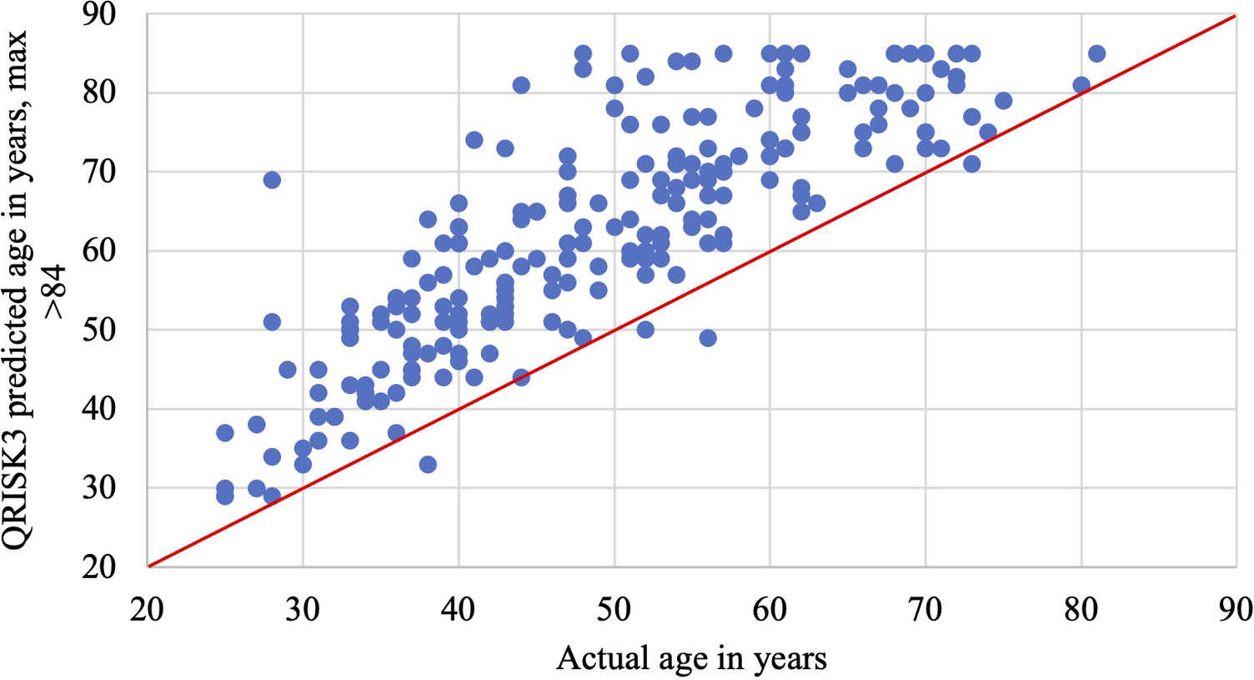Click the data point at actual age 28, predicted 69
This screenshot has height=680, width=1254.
pyautogui.click(x=272, y=180)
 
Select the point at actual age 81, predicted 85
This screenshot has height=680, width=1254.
pyautogui.click(x=1096, y=53)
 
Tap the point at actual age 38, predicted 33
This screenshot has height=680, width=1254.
pyautogui.click(x=428, y=464)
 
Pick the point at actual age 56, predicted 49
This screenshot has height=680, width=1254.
pyautogui.click(x=708, y=338)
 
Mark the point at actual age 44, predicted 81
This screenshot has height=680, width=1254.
pyautogui.click(x=521, y=85)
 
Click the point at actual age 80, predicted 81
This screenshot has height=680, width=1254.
pyautogui.click(x=1081, y=85)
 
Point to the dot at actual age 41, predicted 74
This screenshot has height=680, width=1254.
pyautogui.click(x=474, y=140)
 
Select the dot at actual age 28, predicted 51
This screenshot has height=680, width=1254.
pyautogui.click(x=272, y=322)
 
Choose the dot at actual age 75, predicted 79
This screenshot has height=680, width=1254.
pyautogui.click(x=1003, y=101)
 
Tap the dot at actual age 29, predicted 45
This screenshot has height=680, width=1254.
pyautogui.click(x=288, y=370)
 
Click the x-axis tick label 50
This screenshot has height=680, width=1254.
pyautogui.click(x=614, y=610)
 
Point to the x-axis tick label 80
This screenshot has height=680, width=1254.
pyautogui.click(x=1081, y=610)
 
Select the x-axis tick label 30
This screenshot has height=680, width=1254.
pyautogui.click(x=303, y=610)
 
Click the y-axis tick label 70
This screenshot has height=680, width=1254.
pyautogui.click(x=99, y=172)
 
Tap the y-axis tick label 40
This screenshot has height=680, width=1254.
pyautogui.click(x=99, y=409)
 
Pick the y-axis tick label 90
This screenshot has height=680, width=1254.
pyautogui.click(x=99, y=14)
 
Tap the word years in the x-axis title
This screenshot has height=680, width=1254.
pyautogui.click(x=786, y=659)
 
